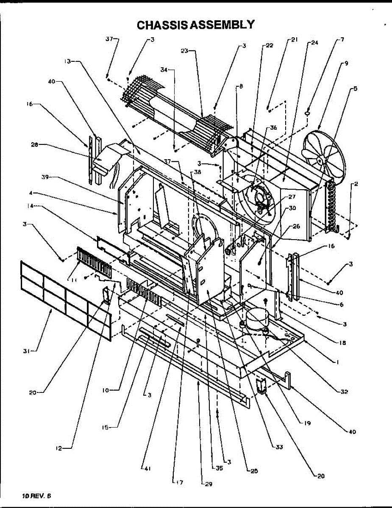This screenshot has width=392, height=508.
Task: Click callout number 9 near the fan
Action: (x=346, y=63)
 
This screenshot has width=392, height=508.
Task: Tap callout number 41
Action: (x=147, y=468)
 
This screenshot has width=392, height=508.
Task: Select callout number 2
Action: (x=356, y=184)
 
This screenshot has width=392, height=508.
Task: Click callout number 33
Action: (x=278, y=447)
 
